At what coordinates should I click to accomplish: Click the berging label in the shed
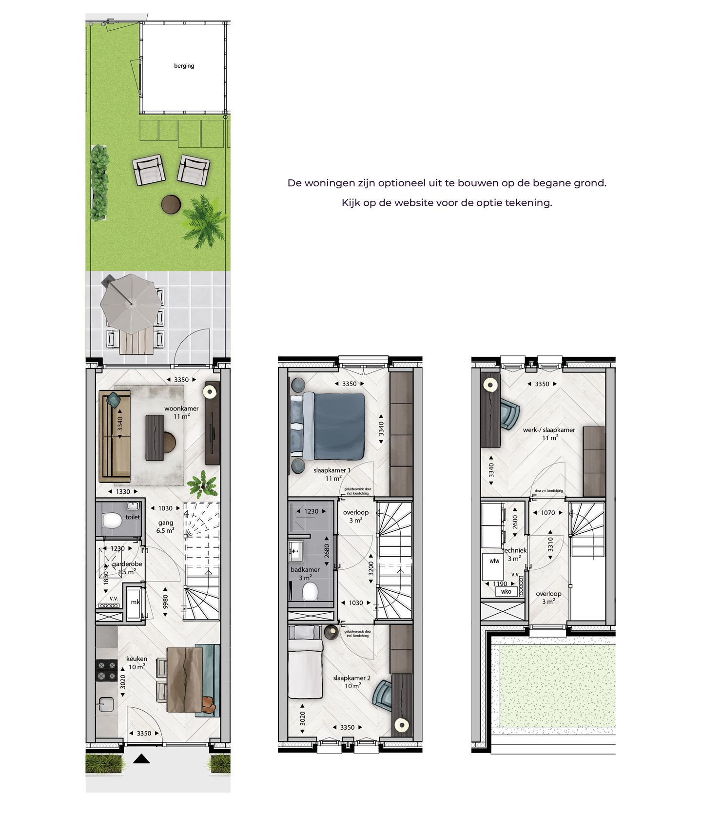coord(184,66)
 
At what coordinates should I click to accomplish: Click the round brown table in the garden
coord(172,204)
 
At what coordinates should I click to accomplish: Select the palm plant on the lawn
coord(203,221)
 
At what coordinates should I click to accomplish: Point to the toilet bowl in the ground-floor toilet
coord(113,521)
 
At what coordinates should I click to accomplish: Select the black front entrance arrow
coord(141,758)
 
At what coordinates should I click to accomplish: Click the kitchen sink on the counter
coord(105,704)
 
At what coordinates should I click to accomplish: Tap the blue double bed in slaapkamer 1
coord(336,426)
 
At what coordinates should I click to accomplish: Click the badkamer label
coord(305,569)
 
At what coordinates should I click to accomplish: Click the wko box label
coord(506,591)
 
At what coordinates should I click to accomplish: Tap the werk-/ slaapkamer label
coord(549,430)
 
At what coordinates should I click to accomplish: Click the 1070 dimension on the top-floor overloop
coord(548,513)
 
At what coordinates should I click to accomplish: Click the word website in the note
coord(415,203)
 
